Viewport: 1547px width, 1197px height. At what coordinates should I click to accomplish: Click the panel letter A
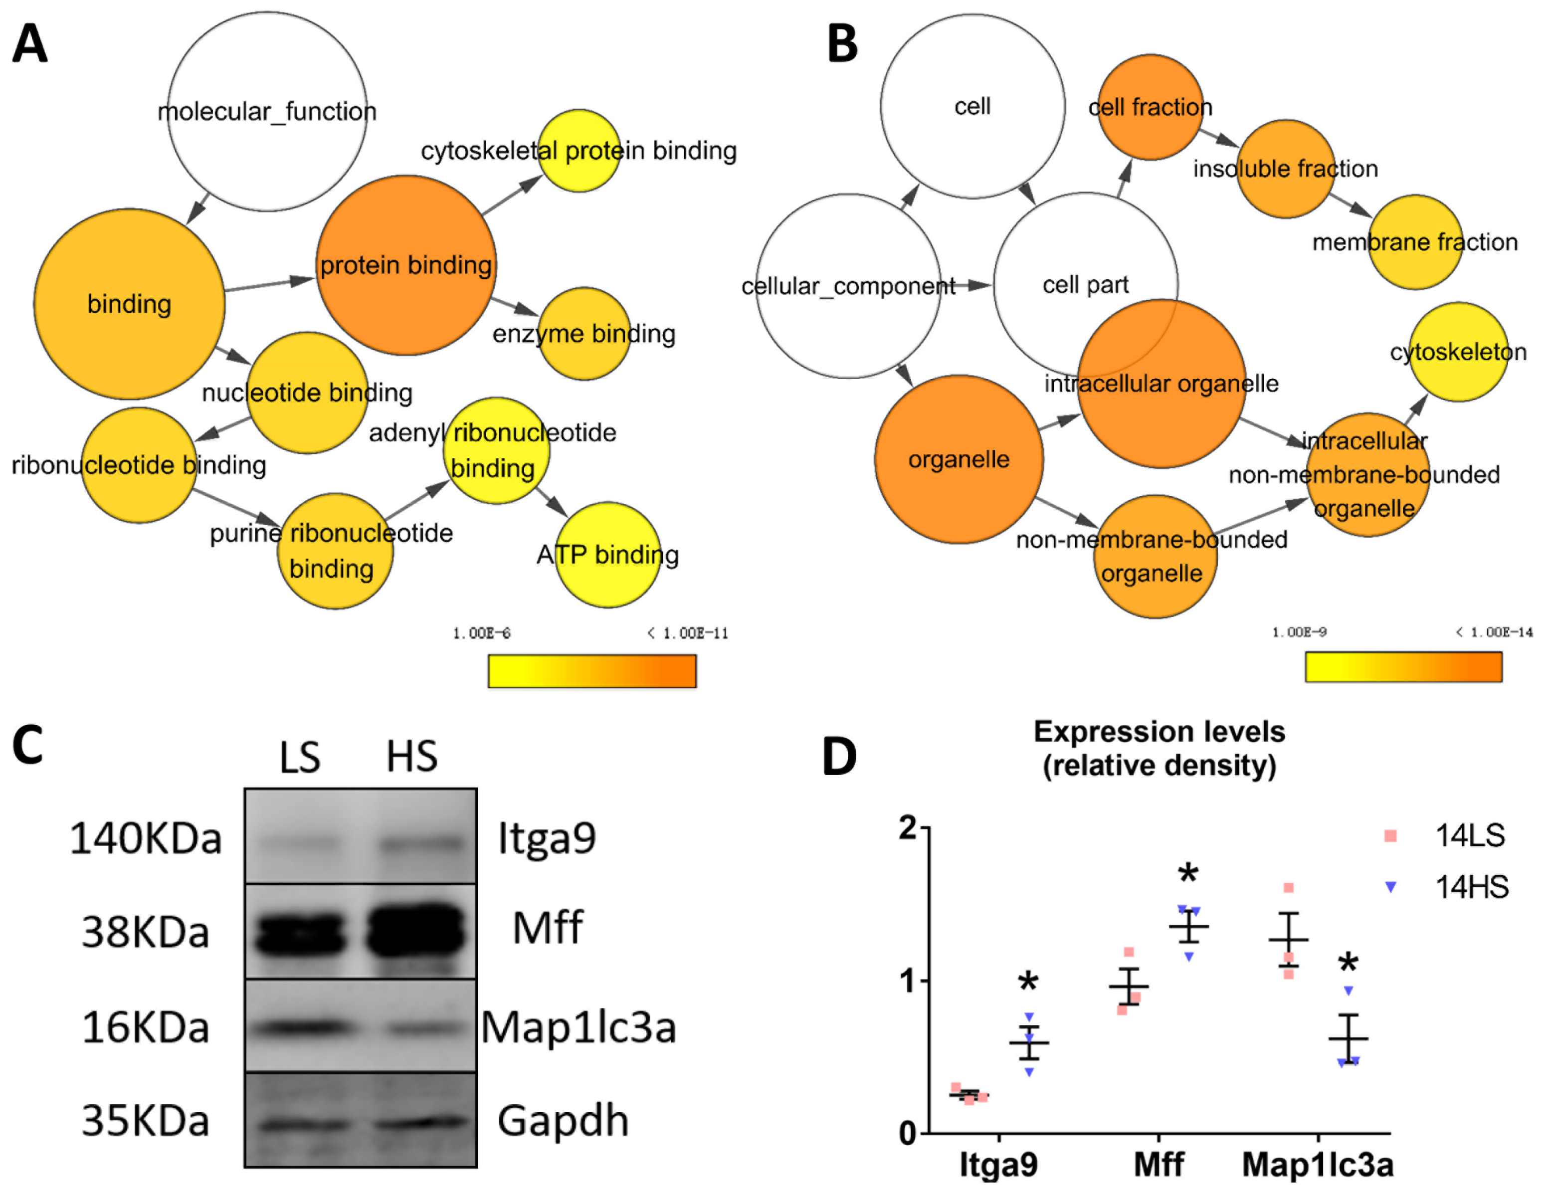(x=30, y=44)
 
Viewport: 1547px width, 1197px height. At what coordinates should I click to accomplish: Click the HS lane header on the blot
(x=411, y=757)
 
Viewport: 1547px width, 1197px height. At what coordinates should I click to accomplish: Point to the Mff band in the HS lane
(x=416, y=929)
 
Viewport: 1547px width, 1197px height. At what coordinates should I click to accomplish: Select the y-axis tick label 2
(x=907, y=828)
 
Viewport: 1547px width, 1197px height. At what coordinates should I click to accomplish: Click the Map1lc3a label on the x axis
(x=1318, y=1165)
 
